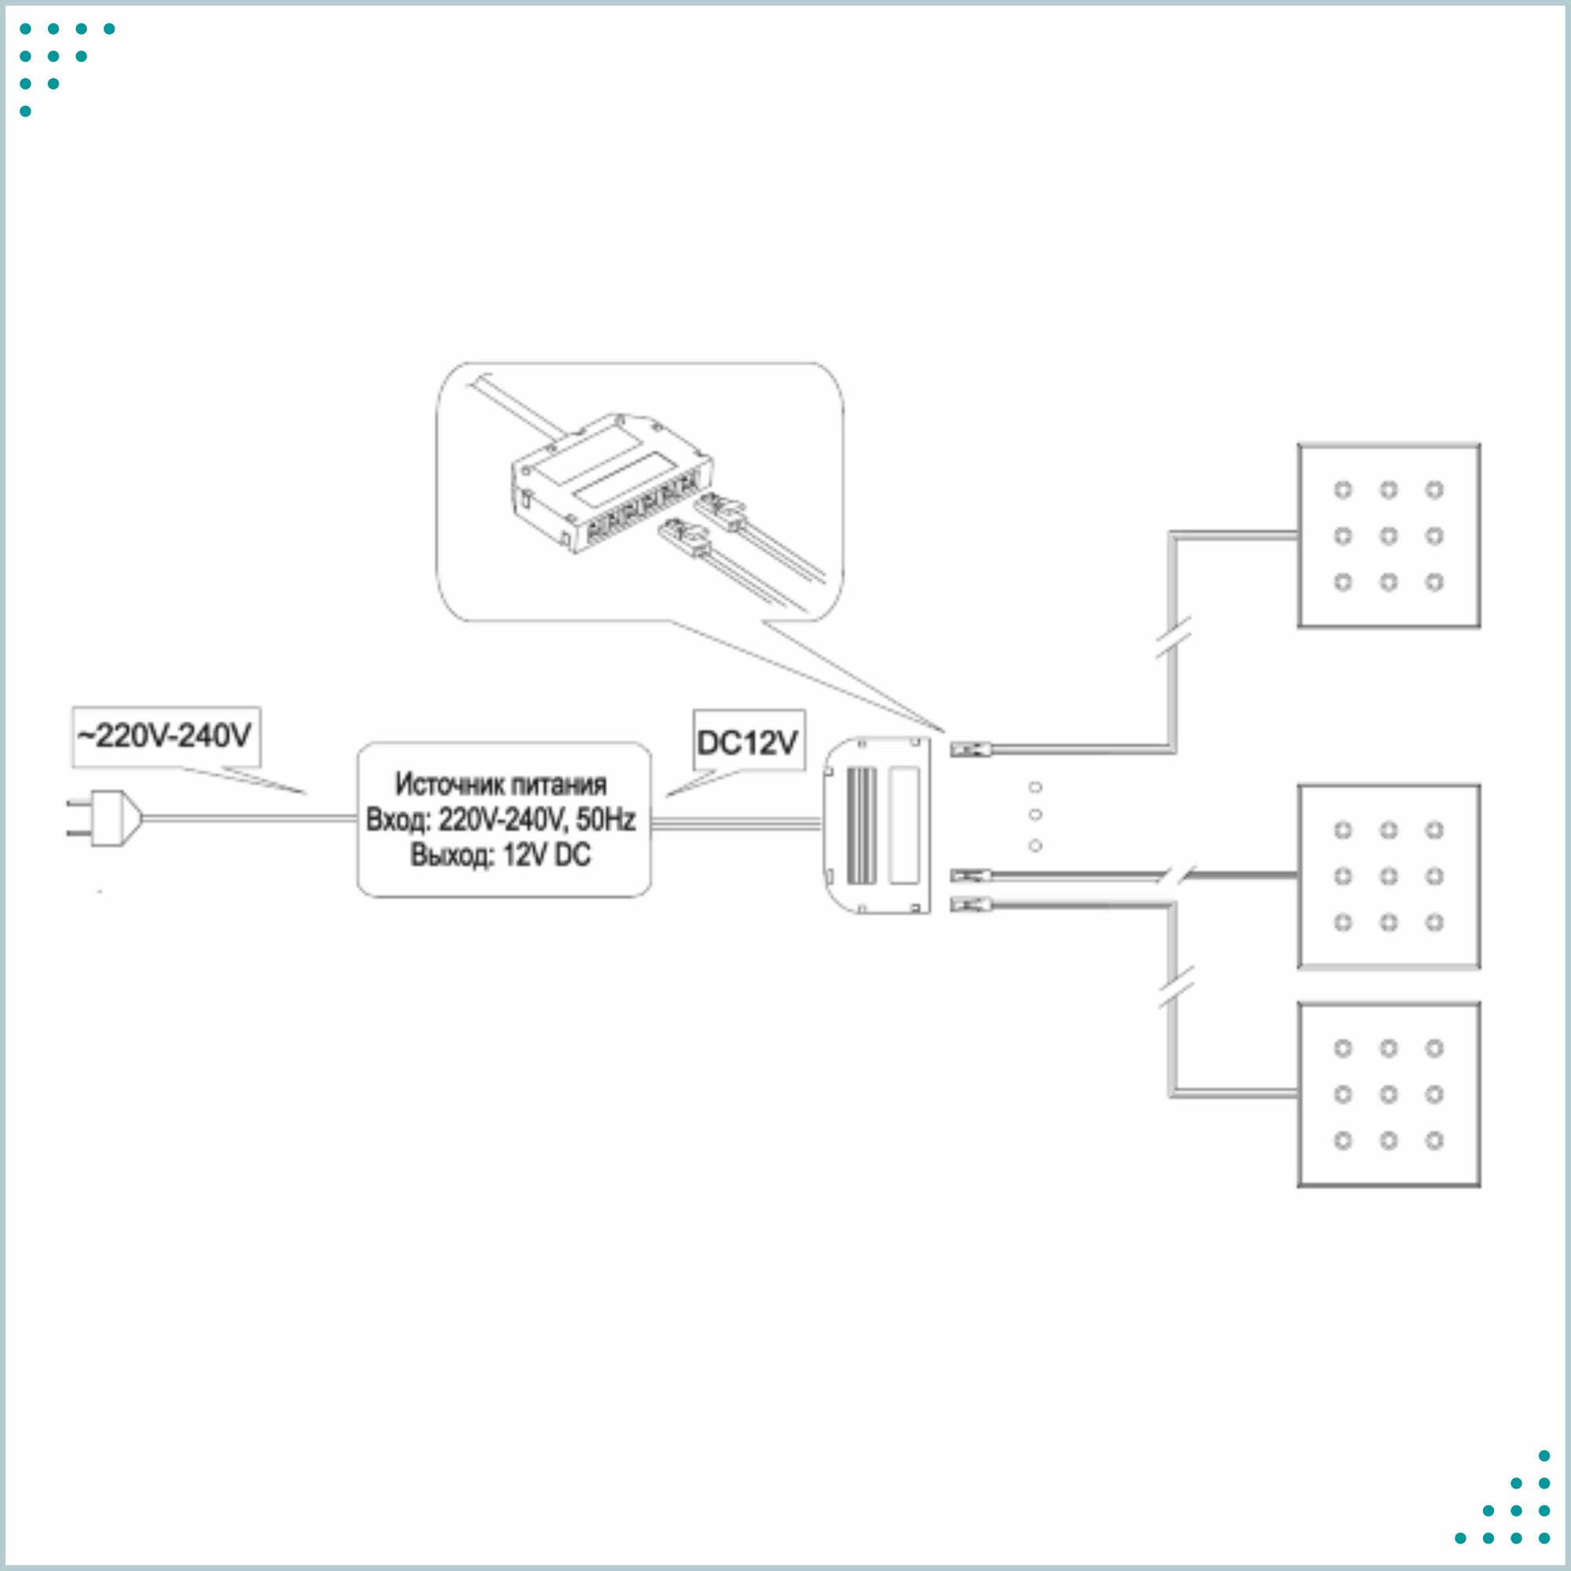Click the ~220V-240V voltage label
coord(166,737)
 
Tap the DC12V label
coord(747,742)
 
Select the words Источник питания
coord(501,785)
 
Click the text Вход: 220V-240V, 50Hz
coord(501,819)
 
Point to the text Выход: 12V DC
coord(501,855)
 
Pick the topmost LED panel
coord(1388,536)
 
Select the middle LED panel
coord(1388,877)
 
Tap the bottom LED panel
coord(1388,1094)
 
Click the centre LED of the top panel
coord(1389,536)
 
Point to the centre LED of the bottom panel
coord(1389,1094)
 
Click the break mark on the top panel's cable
coord(1174,636)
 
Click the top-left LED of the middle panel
coord(1342,830)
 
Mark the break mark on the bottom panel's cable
coord(1174,987)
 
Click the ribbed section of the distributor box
coord(862,826)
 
